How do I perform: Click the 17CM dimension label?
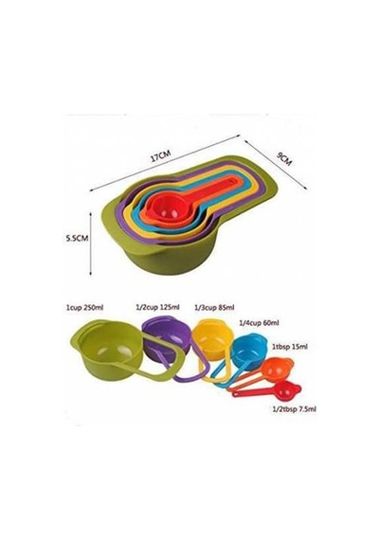(160, 156)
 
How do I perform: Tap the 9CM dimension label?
(284, 159)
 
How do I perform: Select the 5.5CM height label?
(77, 238)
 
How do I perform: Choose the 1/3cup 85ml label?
(214, 307)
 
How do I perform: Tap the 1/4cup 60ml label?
(259, 323)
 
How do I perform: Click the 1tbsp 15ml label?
(289, 347)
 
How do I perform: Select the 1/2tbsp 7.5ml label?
(295, 409)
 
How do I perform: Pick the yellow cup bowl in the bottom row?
(212, 339)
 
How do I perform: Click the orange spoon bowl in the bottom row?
(280, 368)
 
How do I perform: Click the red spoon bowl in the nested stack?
(167, 207)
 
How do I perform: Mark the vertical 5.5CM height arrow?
(91, 243)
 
